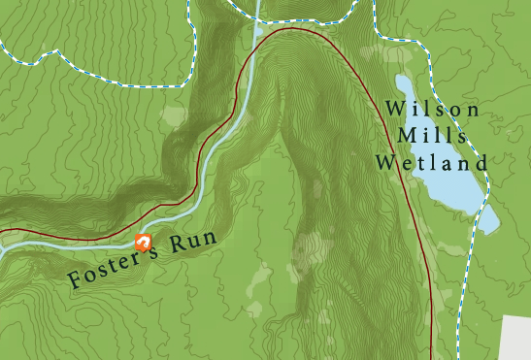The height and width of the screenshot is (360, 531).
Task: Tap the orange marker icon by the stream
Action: [x=144, y=241]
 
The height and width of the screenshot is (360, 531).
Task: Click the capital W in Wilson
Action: [x=393, y=110]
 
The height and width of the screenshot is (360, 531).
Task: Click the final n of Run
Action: [x=206, y=237]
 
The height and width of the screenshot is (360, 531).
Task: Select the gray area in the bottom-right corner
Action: [x=516, y=339]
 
